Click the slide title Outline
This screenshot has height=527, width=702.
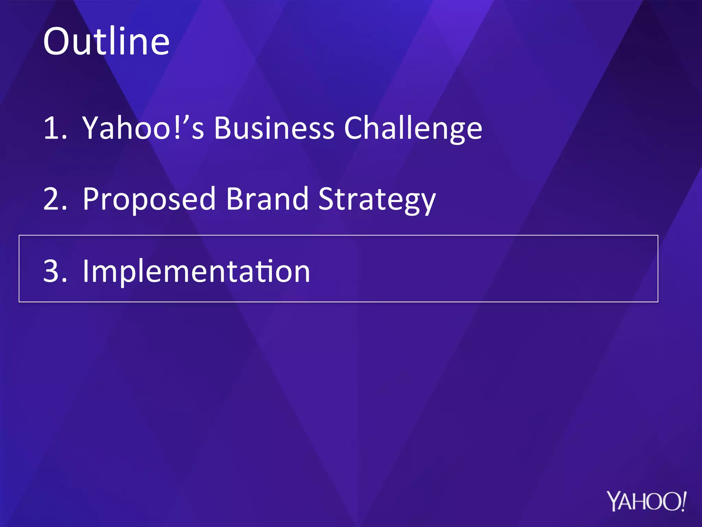[106, 42]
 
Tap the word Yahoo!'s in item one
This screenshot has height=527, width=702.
[143, 128]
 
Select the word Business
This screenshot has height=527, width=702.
[274, 128]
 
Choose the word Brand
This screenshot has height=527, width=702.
[267, 199]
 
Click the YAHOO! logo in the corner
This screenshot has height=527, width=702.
[646, 501]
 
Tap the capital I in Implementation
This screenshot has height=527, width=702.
[86, 271]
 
